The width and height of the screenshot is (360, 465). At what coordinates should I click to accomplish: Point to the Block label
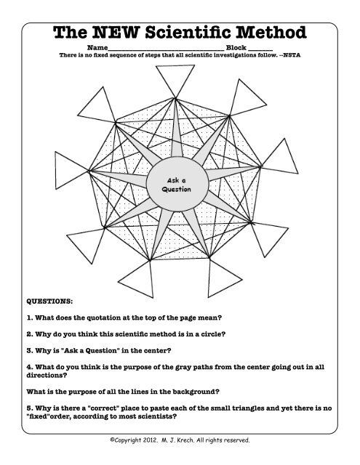coord(236,48)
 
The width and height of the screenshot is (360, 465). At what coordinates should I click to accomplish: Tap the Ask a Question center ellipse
coord(177,184)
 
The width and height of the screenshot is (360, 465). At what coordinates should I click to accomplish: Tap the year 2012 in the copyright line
coord(160,440)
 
